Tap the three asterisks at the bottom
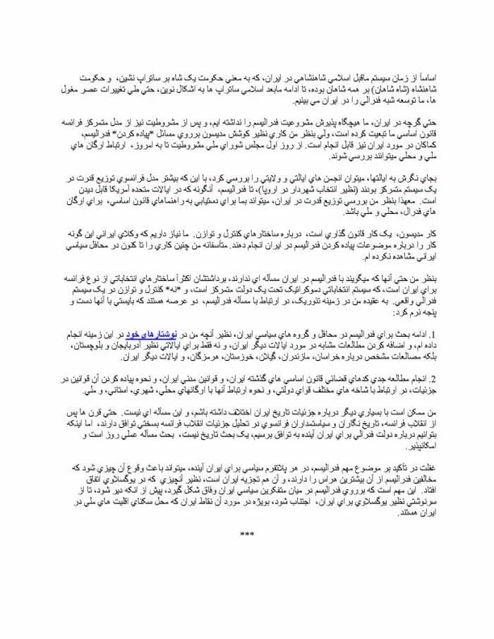coord(247,535)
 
